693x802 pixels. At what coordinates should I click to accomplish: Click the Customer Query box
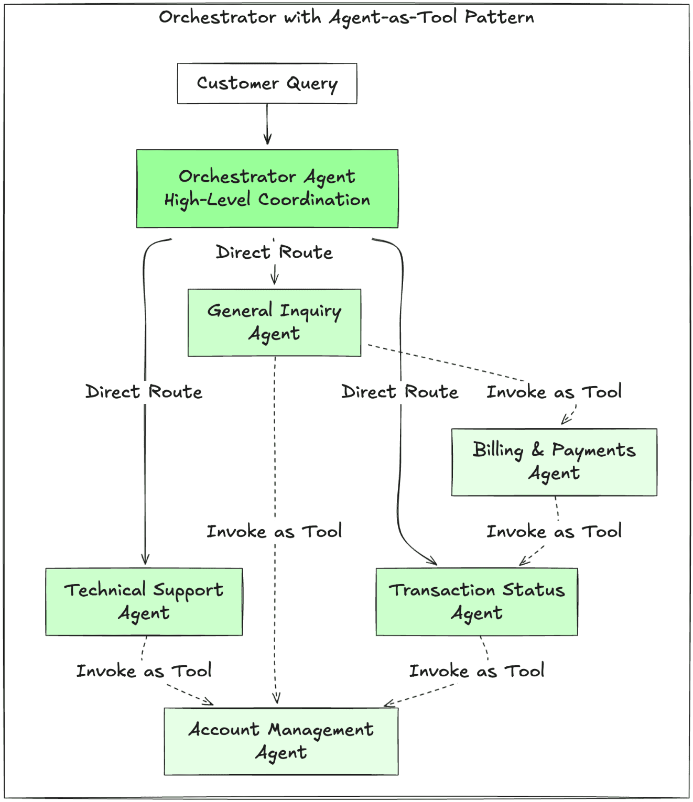point(267,83)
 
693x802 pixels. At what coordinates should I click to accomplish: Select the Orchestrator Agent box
point(267,188)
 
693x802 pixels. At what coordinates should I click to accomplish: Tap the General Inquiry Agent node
point(274,322)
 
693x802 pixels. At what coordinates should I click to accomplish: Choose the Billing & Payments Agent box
point(554,462)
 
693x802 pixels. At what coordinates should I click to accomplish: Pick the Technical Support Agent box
point(144,601)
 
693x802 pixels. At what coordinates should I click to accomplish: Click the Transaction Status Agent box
point(477,601)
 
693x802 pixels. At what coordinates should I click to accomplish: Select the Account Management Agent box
point(281,741)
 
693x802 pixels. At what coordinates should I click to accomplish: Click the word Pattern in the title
point(499,17)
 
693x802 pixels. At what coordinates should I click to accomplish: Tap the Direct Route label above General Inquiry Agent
point(274,252)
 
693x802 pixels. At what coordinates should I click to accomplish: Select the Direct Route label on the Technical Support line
point(144,392)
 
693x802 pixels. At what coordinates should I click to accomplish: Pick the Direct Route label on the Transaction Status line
point(399,392)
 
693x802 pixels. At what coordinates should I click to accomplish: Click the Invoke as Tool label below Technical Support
point(144,671)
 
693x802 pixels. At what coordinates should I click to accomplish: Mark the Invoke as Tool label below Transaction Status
point(477,671)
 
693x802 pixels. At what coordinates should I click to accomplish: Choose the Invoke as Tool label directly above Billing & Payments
point(554,392)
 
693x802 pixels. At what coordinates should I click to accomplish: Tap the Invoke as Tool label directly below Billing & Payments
point(554,532)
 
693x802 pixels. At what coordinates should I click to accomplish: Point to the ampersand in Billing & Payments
point(537,449)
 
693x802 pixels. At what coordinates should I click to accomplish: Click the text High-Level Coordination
point(267,200)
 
